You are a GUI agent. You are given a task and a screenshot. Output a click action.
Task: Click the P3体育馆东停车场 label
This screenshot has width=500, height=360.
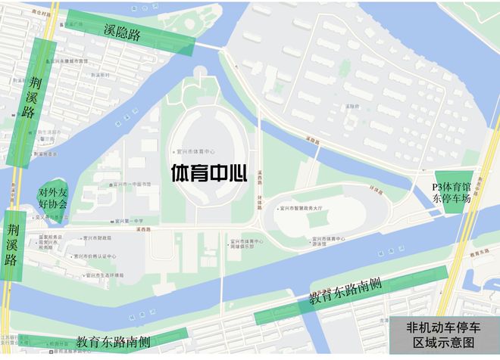coord(452,193)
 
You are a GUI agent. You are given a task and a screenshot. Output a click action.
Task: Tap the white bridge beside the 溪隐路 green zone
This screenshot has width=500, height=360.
coord(213,48)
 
